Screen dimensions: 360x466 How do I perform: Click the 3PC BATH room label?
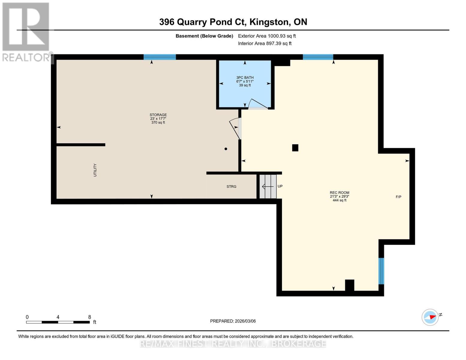(245, 78)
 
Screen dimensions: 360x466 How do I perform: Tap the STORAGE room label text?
(158, 115)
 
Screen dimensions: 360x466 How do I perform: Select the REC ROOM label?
(339, 193)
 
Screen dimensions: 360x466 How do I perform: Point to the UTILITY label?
(95, 170)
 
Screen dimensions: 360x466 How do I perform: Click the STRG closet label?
(231, 187)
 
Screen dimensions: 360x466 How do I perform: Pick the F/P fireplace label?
(398, 197)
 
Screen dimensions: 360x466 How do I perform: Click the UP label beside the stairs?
(280, 186)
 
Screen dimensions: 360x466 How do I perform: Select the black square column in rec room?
(295, 148)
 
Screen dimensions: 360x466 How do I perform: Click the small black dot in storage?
(226, 149)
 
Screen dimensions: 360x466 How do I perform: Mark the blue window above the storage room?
(160, 57)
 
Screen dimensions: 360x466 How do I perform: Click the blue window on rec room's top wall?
(318, 57)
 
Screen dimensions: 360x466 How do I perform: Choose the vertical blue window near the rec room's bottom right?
(381, 271)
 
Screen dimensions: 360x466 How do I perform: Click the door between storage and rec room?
(236, 128)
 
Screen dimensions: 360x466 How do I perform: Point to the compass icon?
(430, 317)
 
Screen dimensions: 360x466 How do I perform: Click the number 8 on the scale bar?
(89, 317)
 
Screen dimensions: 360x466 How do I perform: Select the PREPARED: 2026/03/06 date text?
(233, 321)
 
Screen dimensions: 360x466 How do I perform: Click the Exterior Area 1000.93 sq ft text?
(267, 36)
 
